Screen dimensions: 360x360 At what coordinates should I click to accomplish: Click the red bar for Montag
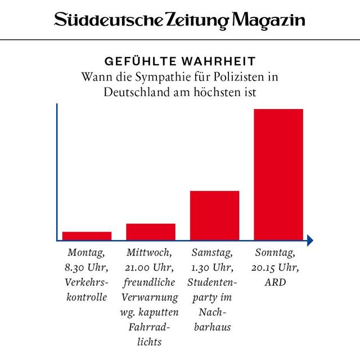click(87, 236)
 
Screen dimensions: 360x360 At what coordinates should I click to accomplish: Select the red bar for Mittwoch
click(151, 231)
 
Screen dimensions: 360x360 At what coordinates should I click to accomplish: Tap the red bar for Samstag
click(214, 215)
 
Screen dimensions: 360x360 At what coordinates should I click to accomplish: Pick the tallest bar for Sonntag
click(278, 174)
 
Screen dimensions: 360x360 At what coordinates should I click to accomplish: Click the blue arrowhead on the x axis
click(310, 240)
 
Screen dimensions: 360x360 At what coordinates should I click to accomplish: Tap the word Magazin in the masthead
click(269, 21)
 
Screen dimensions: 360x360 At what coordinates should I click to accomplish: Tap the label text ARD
click(275, 282)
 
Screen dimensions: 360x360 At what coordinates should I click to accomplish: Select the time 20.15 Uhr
click(275, 267)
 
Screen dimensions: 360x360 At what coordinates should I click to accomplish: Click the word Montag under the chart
click(87, 253)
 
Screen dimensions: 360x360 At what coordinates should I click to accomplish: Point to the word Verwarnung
click(151, 297)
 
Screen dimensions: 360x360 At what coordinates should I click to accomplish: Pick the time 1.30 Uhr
click(213, 267)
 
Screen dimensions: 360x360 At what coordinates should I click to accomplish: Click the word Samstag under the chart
click(213, 253)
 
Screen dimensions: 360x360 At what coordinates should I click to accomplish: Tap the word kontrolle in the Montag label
click(87, 297)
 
